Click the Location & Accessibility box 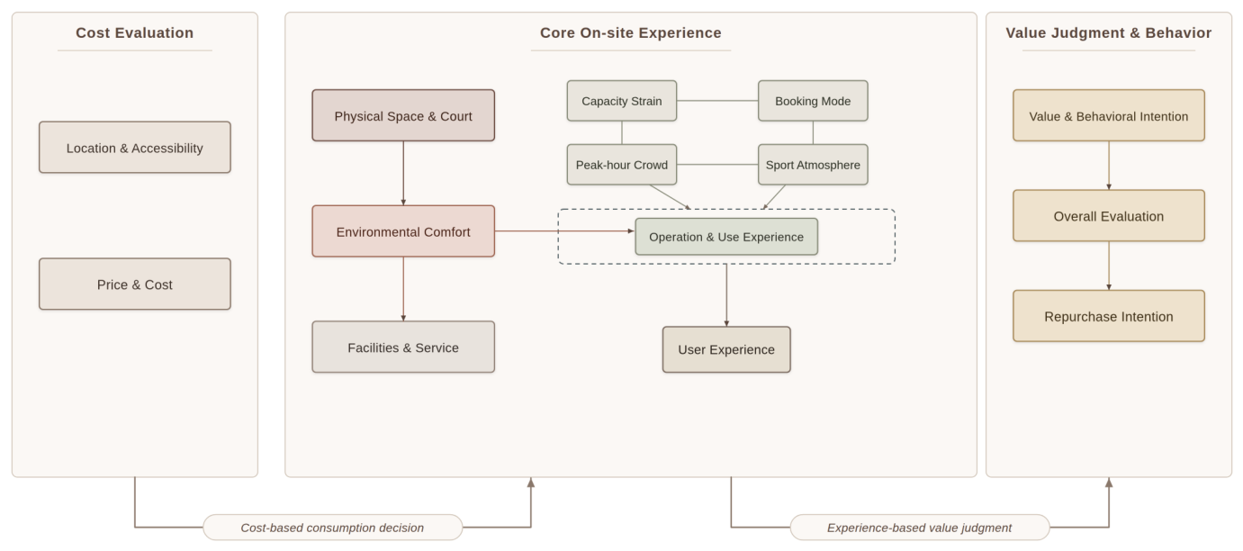(x=135, y=148)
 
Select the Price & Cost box (x=135, y=285)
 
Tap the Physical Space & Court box (x=403, y=115)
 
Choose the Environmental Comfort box (x=403, y=231)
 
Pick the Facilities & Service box (x=403, y=347)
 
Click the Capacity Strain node (x=621, y=101)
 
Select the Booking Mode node (x=813, y=101)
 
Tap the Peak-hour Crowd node (x=621, y=165)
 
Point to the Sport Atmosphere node (x=813, y=165)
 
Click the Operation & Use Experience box (x=726, y=237)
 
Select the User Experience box (x=726, y=349)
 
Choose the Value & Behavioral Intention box (x=1109, y=115)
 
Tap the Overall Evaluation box (x=1109, y=216)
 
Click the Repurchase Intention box (x=1109, y=316)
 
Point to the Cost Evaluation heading (x=135, y=32)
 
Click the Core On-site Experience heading (x=631, y=32)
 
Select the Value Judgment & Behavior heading (x=1109, y=32)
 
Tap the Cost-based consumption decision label (x=332, y=528)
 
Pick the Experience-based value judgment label (x=920, y=528)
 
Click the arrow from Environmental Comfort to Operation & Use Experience (x=564, y=230)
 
